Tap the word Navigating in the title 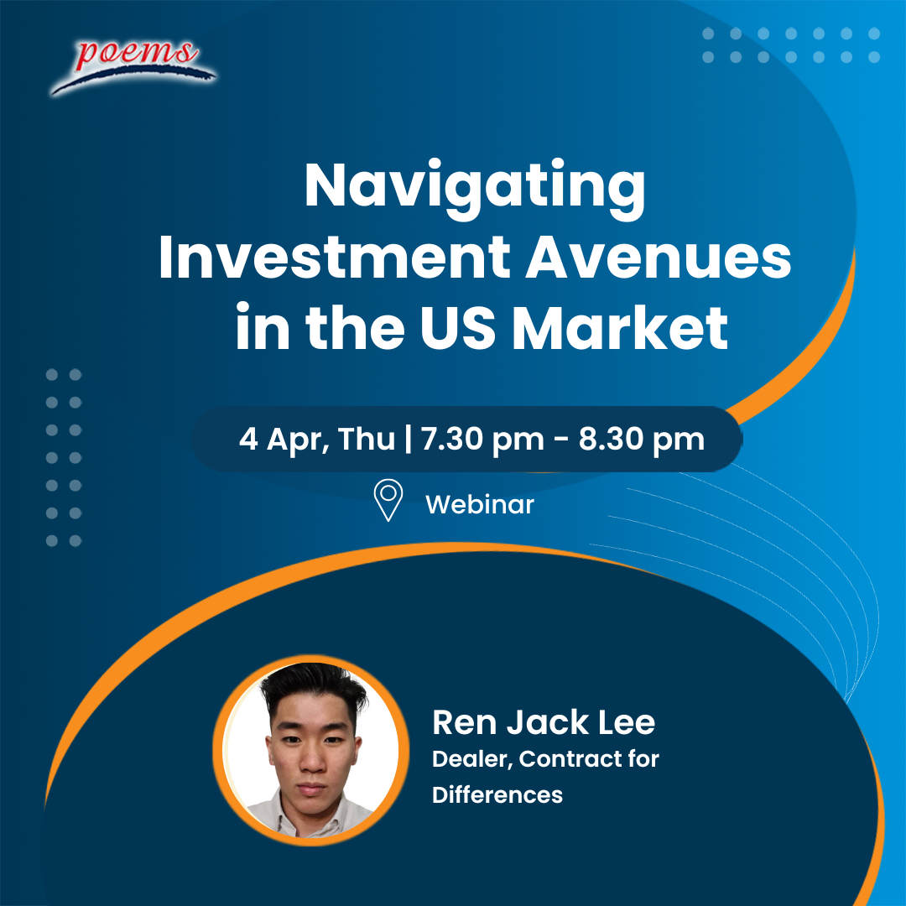tap(475, 189)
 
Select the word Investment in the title tap(335, 258)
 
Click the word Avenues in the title tap(659, 258)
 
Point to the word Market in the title tap(620, 327)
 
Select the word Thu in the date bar tap(367, 439)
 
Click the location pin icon tap(388, 500)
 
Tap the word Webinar tap(480, 504)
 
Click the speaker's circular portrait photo tap(311, 750)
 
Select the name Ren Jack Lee tap(544, 723)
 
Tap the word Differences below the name tap(497, 795)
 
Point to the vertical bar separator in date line tap(409, 439)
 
